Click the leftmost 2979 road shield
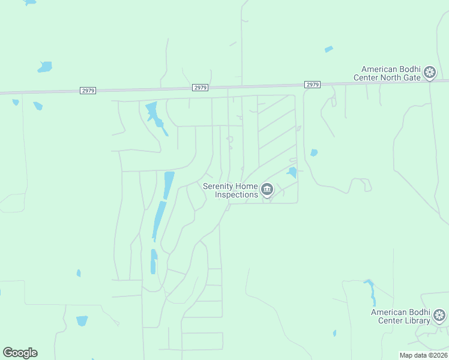(x=88, y=91)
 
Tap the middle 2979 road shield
(x=200, y=88)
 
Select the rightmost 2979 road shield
(x=312, y=85)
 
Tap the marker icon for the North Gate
(x=430, y=73)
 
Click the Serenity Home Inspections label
(x=231, y=190)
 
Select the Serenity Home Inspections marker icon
(x=267, y=190)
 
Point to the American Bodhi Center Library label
(x=401, y=316)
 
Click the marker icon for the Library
(x=439, y=316)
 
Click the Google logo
(x=20, y=353)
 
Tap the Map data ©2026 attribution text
(x=424, y=355)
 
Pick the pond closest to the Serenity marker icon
(x=292, y=173)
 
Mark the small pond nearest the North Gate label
(x=328, y=49)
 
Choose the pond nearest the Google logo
(x=82, y=321)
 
